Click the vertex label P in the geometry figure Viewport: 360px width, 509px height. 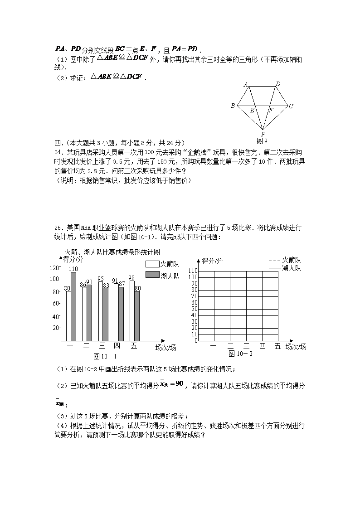(x=263, y=134)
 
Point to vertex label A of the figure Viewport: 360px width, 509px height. (x=245, y=84)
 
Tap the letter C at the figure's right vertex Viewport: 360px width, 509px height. (x=291, y=106)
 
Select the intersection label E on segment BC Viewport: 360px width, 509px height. (x=252, y=110)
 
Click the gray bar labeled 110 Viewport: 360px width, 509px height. (x=73, y=306)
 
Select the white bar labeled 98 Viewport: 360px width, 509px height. (x=132, y=310)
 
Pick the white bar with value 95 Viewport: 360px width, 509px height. (x=101, y=311)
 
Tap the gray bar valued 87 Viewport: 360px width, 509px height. (x=122, y=314)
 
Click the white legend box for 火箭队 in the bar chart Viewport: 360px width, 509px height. (x=152, y=264)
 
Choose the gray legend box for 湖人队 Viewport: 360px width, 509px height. (x=152, y=275)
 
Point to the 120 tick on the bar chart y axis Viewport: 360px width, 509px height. (x=55, y=267)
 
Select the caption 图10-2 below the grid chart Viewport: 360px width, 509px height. (x=240, y=354)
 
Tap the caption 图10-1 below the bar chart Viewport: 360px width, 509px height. (x=105, y=356)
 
